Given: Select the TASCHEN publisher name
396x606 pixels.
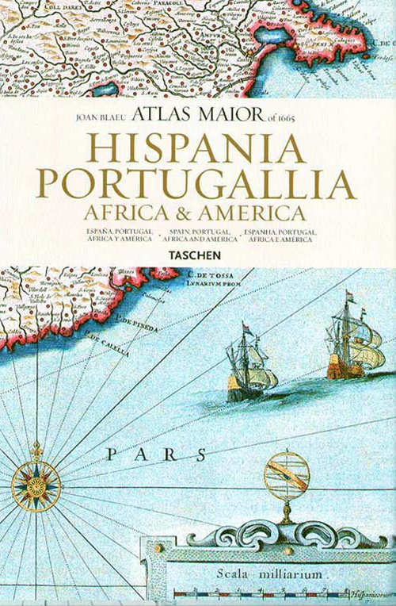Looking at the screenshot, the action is click(197, 255).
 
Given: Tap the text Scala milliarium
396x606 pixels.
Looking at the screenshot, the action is click(282, 573).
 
